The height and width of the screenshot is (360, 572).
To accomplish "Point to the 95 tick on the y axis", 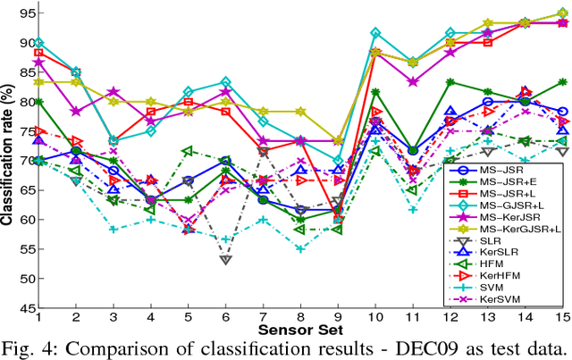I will [21, 13].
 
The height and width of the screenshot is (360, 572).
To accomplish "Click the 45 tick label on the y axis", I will [21, 307].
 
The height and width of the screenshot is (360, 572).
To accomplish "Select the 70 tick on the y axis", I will [21, 161].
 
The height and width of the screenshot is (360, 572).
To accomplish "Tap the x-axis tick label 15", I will [559, 316].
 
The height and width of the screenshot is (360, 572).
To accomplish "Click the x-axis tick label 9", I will [336, 316].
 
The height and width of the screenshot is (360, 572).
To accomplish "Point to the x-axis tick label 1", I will [38, 316].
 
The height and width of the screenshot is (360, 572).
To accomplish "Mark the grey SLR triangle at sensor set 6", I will [225, 259].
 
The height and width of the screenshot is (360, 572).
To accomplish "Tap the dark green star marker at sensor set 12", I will [450, 82].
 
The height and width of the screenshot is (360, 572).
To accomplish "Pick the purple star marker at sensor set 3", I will [113, 92].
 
